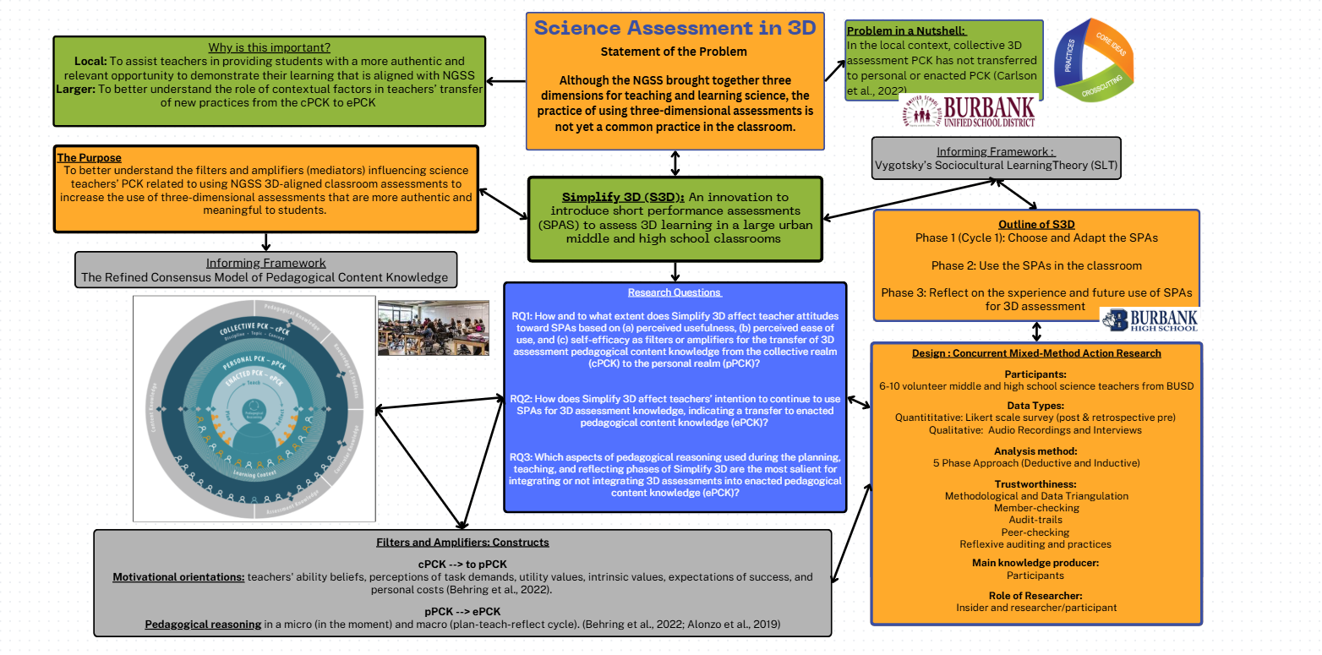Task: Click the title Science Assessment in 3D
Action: [x=675, y=28]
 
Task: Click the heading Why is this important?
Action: [x=269, y=47]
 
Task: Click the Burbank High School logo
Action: [x=1149, y=319]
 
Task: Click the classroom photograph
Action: [x=433, y=327]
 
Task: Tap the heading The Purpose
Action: [x=89, y=157]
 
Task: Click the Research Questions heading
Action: [x=675, y=292]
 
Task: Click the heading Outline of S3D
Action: [x=1036, y=224]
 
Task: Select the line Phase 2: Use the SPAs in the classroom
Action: [x=1036, y=265]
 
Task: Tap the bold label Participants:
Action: [x=1035, y=374]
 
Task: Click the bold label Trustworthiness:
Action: [x=1035, y=484]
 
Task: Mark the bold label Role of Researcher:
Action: [x=1035, y=595]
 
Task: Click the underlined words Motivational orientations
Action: [x=178, y=577]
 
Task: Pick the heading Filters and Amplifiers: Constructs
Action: [x=462, y=542]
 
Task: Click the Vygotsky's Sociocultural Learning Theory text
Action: [x=997, y=166]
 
